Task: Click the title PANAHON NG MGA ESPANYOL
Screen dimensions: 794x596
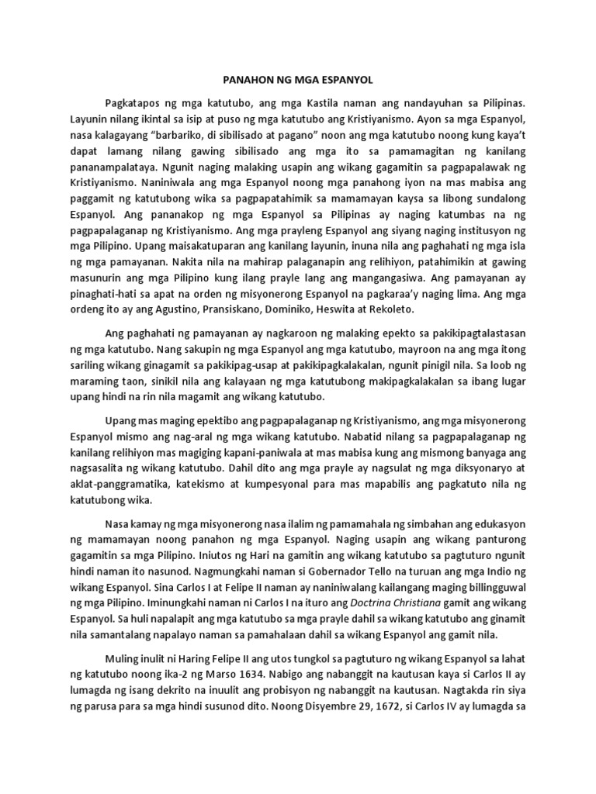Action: (x=298, y=80)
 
